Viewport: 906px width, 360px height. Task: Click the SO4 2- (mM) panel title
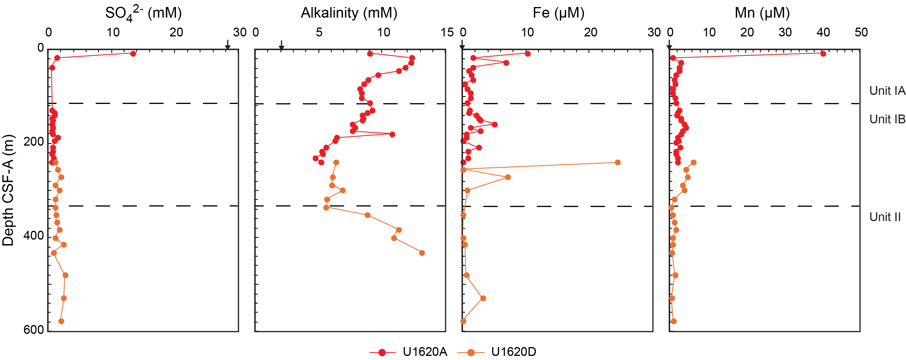click(x=143, y=13)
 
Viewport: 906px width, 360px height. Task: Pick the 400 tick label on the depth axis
click(x=34, y=236)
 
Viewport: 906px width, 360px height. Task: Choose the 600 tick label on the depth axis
click(x=34, y=330)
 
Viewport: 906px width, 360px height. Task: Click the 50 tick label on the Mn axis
click(x=861, y=32)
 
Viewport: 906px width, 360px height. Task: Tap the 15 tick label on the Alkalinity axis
click(x=447, y=32)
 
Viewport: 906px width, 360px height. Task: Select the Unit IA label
click(x=887, y=91)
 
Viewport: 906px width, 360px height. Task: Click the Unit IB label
click(x=887, y=119)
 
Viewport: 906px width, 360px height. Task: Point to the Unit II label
click(x=885, y=217)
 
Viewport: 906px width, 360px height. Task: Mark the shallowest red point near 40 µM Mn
click(x=823, y=54)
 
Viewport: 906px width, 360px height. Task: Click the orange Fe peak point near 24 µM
click(x=618, y=162)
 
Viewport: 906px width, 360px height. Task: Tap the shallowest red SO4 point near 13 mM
click(x=133, y=54)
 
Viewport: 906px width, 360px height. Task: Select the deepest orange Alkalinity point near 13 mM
click(x=422, y=253)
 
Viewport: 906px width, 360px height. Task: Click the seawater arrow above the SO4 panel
click(x=228, y=45)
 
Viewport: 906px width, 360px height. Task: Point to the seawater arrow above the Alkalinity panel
click(x=281, y=45)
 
